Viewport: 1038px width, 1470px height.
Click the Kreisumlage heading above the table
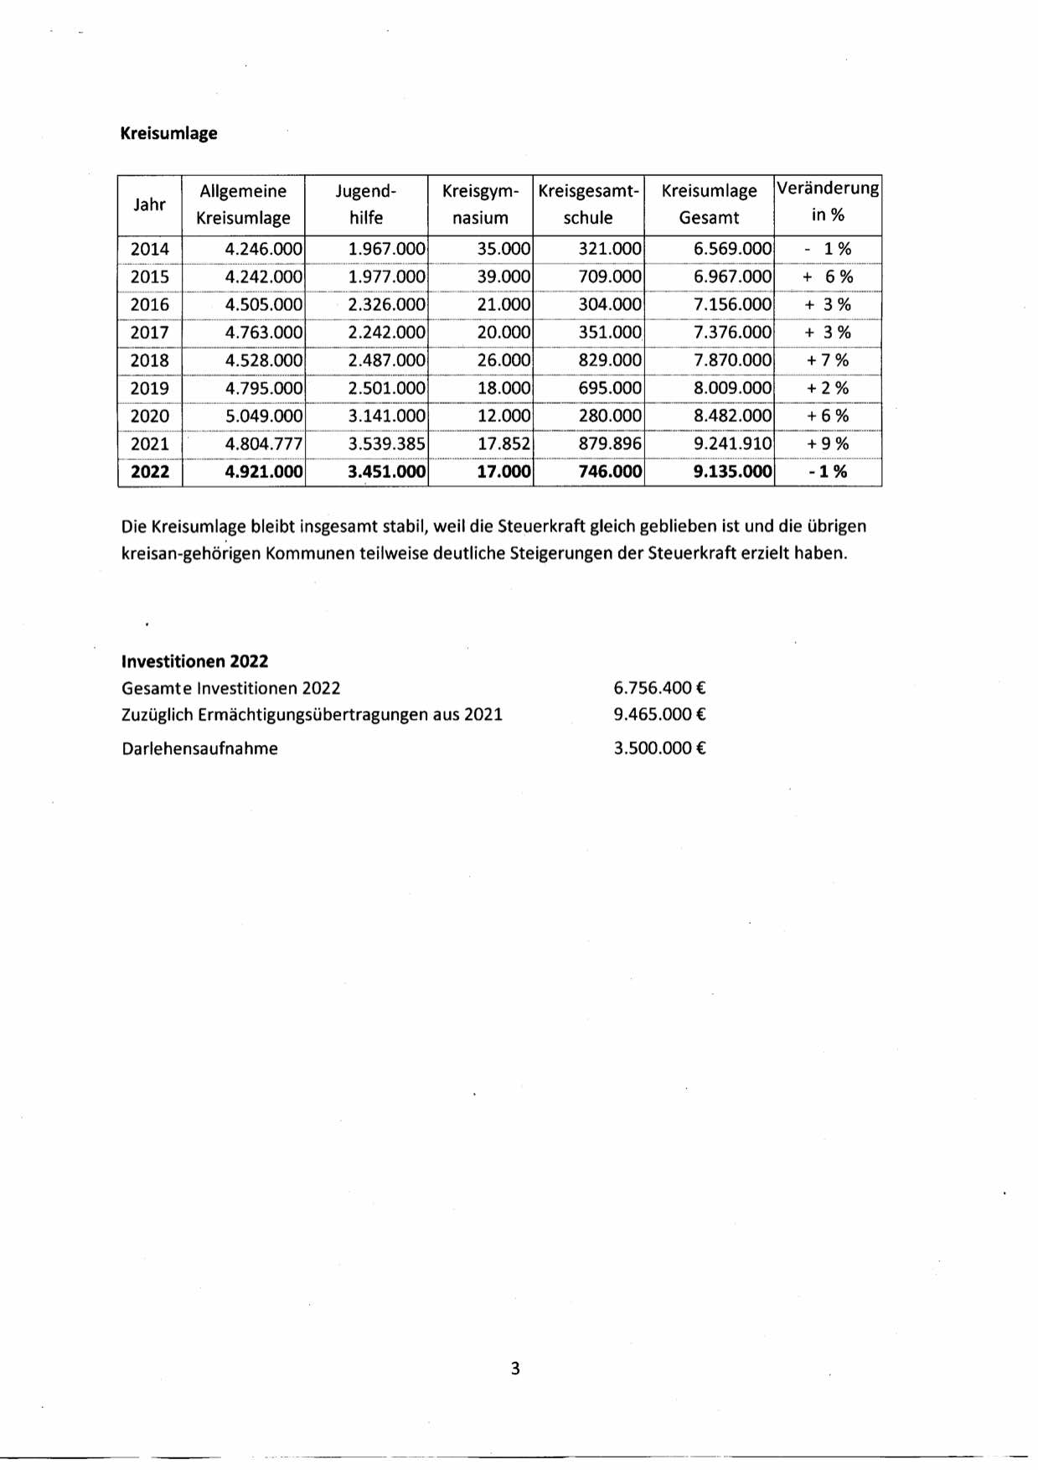[168, 133]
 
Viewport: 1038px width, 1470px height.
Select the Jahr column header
[149, 204]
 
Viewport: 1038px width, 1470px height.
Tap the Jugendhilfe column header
[366, 204]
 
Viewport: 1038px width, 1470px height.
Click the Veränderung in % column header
[828, 201]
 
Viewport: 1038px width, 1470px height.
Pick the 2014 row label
[149, 249]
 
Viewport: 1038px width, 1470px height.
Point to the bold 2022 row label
[149, 472]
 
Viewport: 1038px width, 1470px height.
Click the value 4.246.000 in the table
[263, 249]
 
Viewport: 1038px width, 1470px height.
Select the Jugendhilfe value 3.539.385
[386, 444]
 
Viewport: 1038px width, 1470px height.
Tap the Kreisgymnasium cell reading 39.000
[504, 277]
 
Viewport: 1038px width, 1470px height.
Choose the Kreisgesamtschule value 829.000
[610, 360]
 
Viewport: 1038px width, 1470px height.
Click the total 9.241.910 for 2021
[732, 444]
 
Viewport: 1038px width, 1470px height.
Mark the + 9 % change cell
[828, 444]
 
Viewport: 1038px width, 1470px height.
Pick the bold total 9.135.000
[732, 472]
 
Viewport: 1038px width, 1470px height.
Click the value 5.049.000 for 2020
[263, 416]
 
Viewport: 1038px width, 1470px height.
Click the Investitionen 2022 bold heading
[194, 661]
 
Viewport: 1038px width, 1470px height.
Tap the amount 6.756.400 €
[659, 688]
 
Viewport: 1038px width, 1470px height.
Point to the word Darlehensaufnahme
[199, 748]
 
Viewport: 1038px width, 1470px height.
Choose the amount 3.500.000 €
[659, 748]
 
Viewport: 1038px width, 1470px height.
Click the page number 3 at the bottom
[515, 1369]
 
